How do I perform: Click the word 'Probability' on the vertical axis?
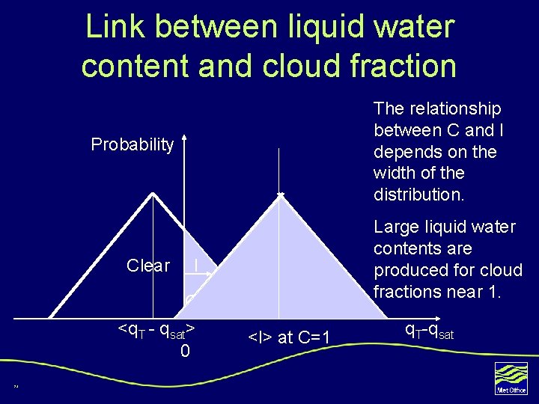click(132, 144)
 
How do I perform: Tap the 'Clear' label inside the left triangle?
click(148, 266)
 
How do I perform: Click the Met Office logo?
click(511, 379)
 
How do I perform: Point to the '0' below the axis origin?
click(185, 350)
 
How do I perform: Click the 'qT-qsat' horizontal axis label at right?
click(429, 330)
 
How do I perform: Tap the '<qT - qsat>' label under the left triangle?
click(157, 329)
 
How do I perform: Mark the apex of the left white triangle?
click(153, 192)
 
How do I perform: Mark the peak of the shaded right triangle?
click(280, 196)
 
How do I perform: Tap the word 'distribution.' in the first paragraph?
click(419, 195)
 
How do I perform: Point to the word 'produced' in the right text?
click(407, 270)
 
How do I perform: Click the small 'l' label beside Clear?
click(195, 266)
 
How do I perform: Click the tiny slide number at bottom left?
click(15, 387)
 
